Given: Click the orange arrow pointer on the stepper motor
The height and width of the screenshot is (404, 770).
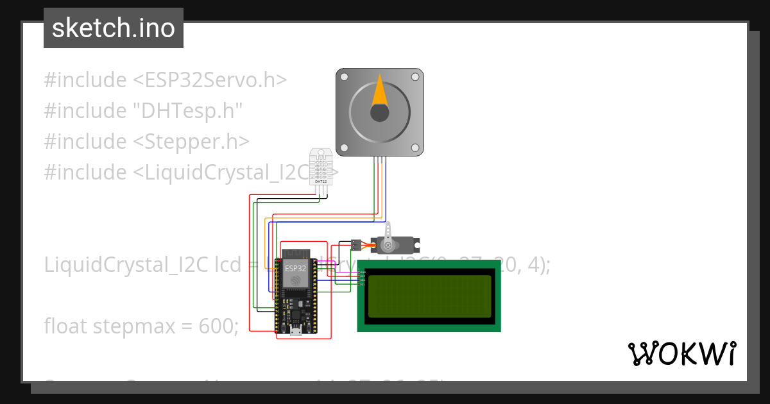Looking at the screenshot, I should click(x=380, y=92).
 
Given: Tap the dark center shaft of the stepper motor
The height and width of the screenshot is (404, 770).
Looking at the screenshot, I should click(x=380, y=113).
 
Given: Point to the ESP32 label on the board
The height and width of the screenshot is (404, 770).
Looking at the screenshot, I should click(x=296, y=269).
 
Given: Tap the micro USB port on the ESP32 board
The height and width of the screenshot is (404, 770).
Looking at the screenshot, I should click(x=296, y=331).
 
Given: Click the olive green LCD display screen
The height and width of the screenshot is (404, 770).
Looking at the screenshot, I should click(x=429, y=296).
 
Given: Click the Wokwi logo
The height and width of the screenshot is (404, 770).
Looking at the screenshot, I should click(x=681, y=353).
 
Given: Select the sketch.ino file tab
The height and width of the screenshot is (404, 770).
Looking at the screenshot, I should click(x=114, y=28).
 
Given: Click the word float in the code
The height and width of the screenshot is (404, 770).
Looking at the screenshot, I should click(x=65, y=326).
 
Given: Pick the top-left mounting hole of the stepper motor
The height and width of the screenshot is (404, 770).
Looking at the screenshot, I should click(x=345, y=77).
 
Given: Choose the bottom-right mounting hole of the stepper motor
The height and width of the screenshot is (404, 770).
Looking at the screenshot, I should click(x=415, y=148).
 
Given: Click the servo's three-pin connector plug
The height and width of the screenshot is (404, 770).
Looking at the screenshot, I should click(x=355, y=244).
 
